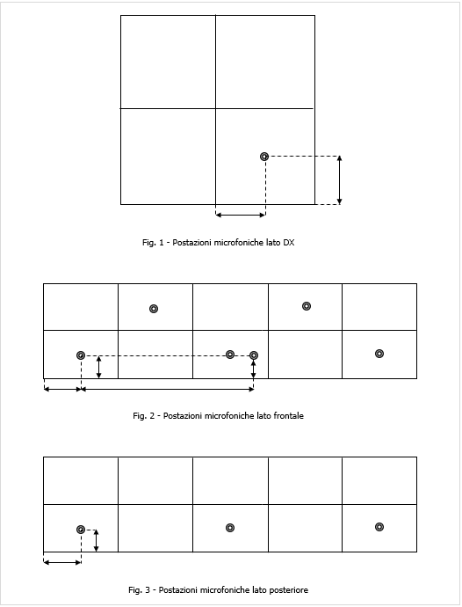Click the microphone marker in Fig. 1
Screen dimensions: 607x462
264,157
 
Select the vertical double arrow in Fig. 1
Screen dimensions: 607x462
340,180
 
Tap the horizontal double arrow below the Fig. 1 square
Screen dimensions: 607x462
241,214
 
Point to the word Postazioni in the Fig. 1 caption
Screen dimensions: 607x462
184,242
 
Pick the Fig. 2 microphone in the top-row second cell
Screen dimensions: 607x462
154,309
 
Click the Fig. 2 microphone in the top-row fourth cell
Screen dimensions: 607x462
307,306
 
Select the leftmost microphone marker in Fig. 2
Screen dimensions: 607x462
81,355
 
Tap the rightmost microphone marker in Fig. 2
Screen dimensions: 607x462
379,354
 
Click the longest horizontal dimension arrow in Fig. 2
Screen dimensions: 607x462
167,387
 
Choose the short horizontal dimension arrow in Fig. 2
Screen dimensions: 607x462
61,387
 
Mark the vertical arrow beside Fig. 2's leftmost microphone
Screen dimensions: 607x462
99,367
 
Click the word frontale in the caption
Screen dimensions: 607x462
287,415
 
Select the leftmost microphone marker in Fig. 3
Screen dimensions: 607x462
81,530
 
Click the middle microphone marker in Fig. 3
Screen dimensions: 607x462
230,528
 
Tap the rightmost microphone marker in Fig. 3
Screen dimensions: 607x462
379,527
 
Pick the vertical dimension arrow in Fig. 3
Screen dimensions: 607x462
97,540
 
